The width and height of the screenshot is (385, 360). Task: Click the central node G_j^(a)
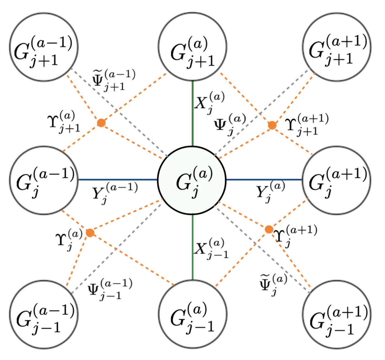coord(192,180)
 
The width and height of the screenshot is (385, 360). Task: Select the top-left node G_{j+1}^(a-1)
coord(44,47)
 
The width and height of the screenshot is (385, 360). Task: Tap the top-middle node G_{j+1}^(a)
coord(192,46)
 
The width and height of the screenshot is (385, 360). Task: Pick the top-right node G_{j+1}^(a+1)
coord(337,47)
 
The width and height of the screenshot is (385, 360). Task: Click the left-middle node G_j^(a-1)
coord(44,180)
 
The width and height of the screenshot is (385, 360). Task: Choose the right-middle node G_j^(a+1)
coord(336,180)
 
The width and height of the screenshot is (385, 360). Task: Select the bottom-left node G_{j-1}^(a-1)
coord(44,314)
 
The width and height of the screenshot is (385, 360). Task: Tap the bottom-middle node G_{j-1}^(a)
coord(192,314)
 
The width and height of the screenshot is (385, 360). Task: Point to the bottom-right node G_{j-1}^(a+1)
coord(337,314)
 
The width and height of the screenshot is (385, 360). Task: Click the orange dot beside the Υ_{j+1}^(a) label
coord(101,123)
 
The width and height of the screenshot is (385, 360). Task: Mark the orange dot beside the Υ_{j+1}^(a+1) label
coord(272,125)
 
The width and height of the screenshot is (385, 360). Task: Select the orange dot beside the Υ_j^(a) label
coord(90,233)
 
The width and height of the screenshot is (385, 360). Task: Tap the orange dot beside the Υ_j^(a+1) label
coord(269,229)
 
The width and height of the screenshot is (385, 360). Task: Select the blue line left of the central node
coord(117,179)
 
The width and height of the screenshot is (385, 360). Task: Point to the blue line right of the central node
coord(263,179)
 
